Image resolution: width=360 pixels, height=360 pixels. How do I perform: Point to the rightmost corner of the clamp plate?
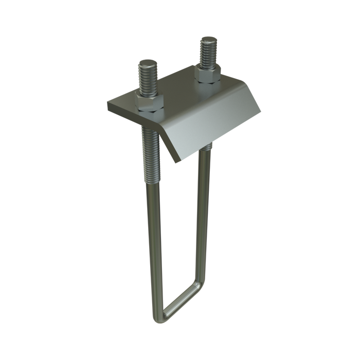pos(261,110)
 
